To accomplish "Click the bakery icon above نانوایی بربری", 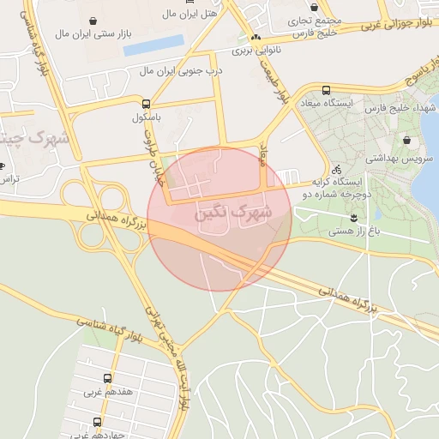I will click(x=255, y=38).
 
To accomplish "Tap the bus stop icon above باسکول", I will click(x=145, y=102).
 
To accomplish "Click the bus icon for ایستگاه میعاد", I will click(x=326, y=90).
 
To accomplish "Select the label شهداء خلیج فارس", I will click(x=400, y=109).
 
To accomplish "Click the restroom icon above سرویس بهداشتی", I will click(x=405, y=140).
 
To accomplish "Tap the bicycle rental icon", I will click(x=337, y=169).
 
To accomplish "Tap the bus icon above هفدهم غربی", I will click(x=107, y=377).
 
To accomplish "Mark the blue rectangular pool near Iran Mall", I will click(x=153, y=45).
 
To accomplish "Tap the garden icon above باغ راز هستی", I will click(x=353, y=216).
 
